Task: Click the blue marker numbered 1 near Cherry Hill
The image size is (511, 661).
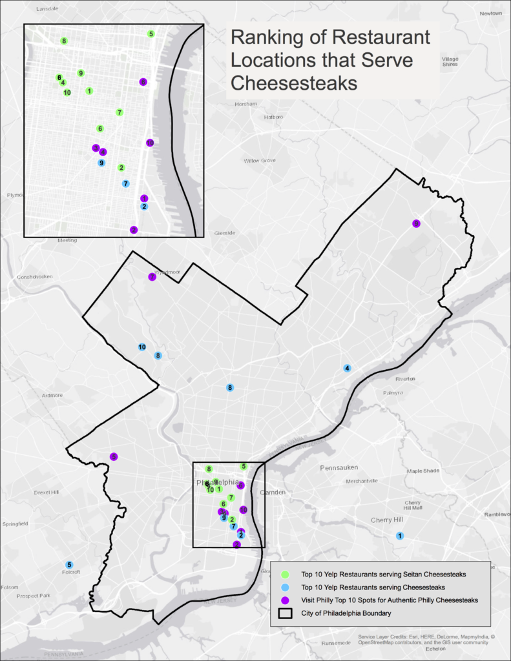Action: [x=399, y=536]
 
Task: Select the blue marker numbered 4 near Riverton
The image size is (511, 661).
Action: [x=347, y=368]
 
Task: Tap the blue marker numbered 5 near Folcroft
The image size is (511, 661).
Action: [x=69, y=565]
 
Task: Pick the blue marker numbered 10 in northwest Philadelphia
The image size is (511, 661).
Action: [x=141, y=347]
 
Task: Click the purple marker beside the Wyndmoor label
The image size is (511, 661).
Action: [x=152, y=276]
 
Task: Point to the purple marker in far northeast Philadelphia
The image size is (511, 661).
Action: [x=416, y=223]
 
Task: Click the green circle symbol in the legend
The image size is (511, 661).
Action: [x=285, y=574]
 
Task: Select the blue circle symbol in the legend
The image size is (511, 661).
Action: [x=285, y=587]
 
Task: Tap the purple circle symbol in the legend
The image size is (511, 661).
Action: [x=285, y=600]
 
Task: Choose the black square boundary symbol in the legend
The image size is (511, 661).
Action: [x=285, y=613]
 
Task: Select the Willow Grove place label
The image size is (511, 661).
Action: [x=260, y=160]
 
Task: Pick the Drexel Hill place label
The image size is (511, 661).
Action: [x=47, y=493]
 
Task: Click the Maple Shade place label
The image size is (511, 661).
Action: [x=422, y=471]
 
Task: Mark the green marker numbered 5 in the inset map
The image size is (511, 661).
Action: [x=151, y=34]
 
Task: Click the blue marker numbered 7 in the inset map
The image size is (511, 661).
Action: [x=125, y=183]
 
